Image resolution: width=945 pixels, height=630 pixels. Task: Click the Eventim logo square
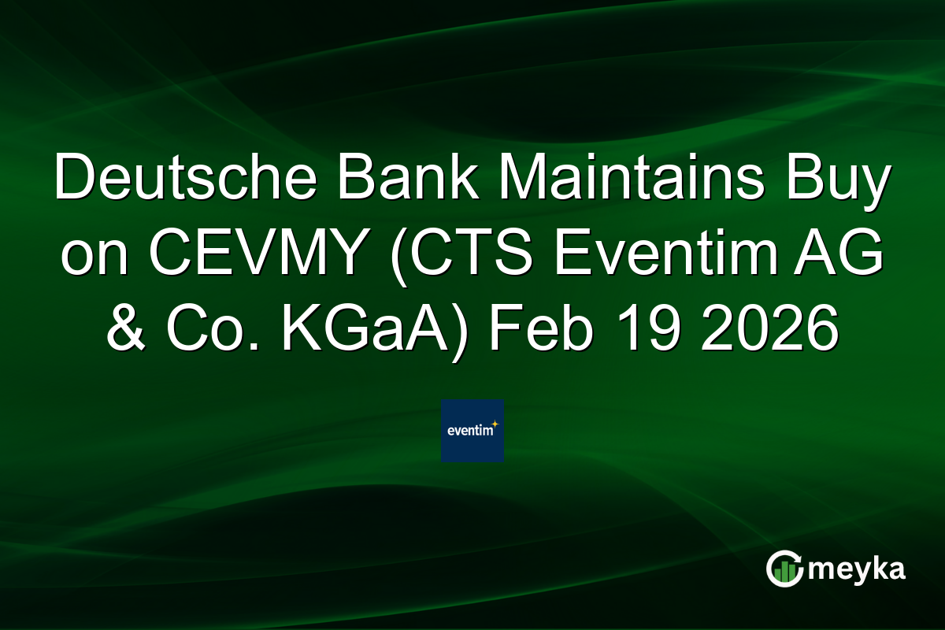point(472,431)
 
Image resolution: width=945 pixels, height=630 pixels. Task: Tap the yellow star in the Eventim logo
point(495,424)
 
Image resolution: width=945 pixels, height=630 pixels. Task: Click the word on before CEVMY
point(92,255)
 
